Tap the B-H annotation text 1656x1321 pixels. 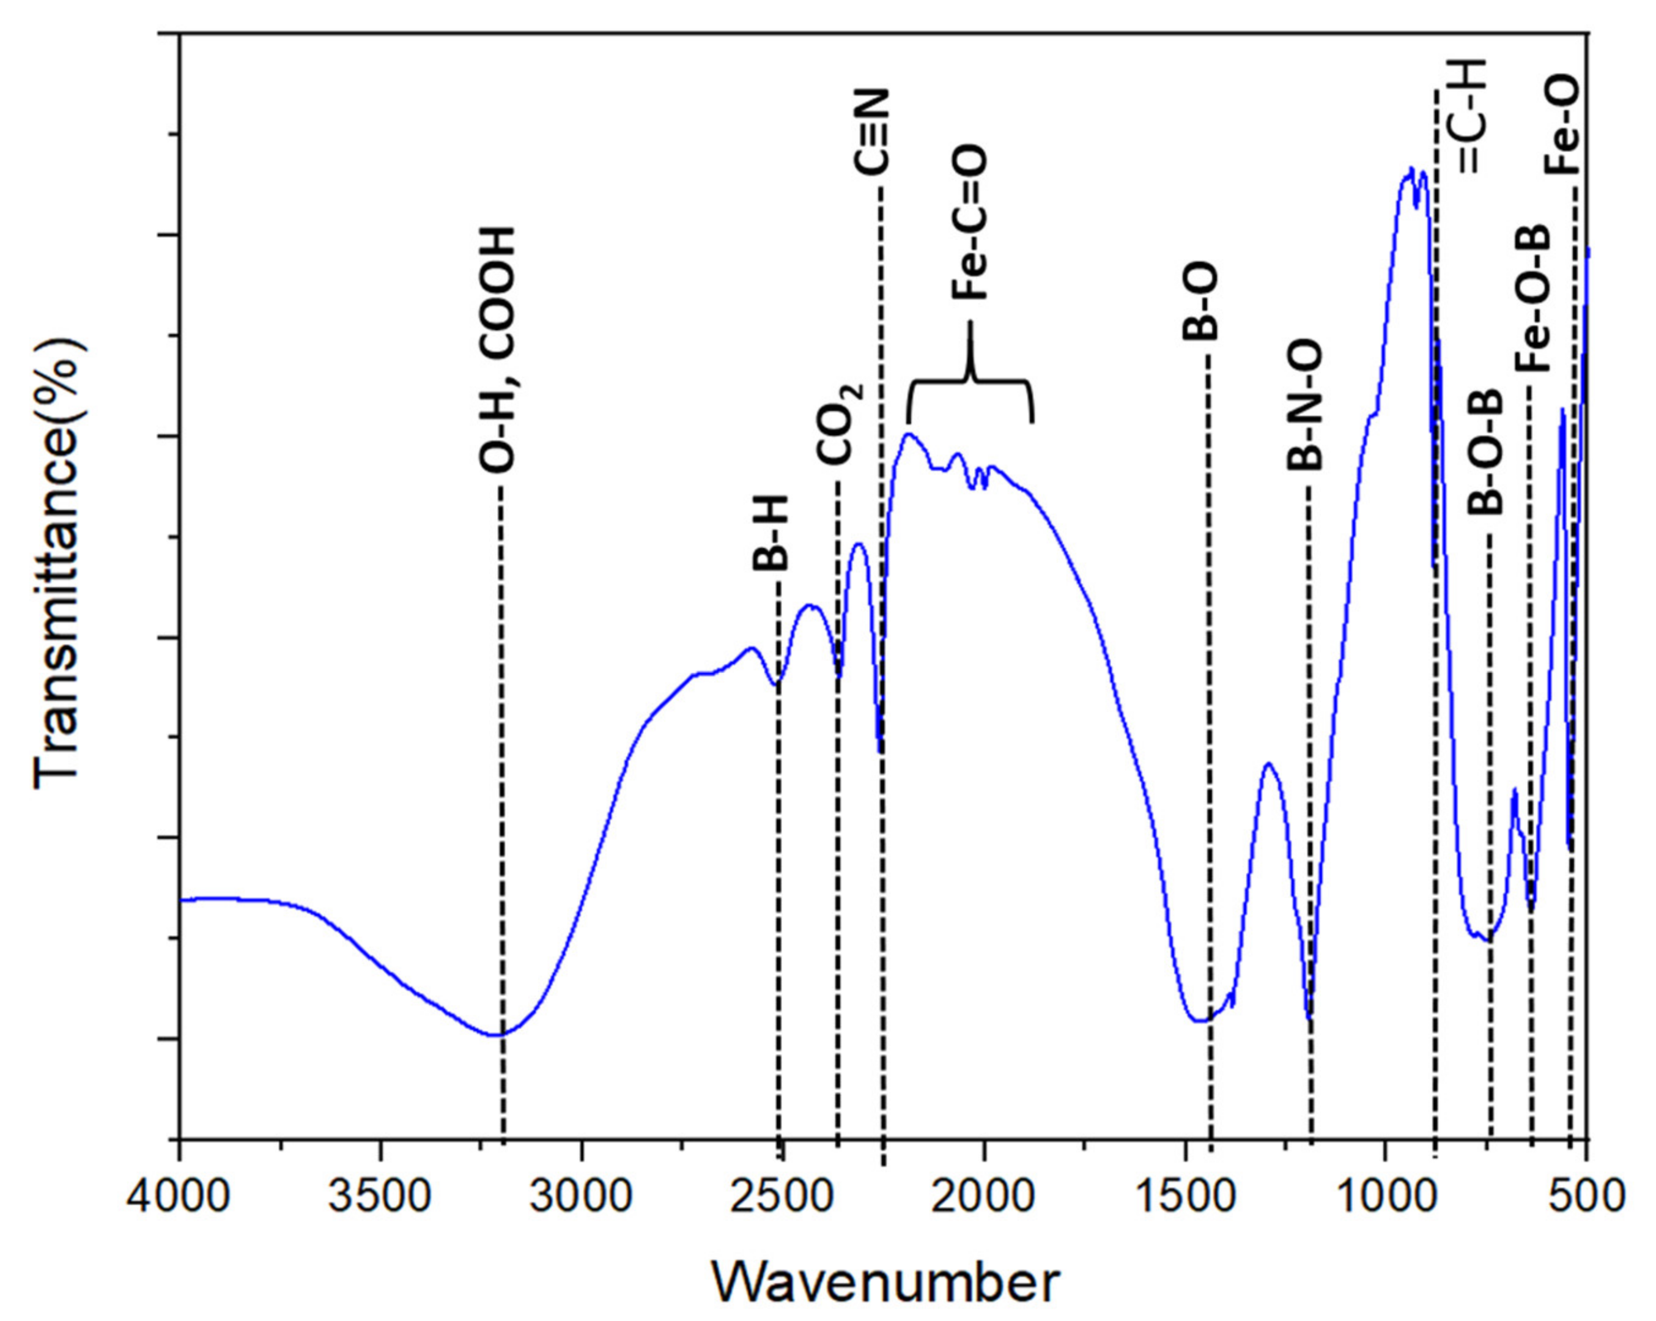click(x=771, y=532)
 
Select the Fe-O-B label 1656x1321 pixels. click(x=1533, y=300)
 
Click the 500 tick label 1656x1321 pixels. click(x=1587, y=1197)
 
